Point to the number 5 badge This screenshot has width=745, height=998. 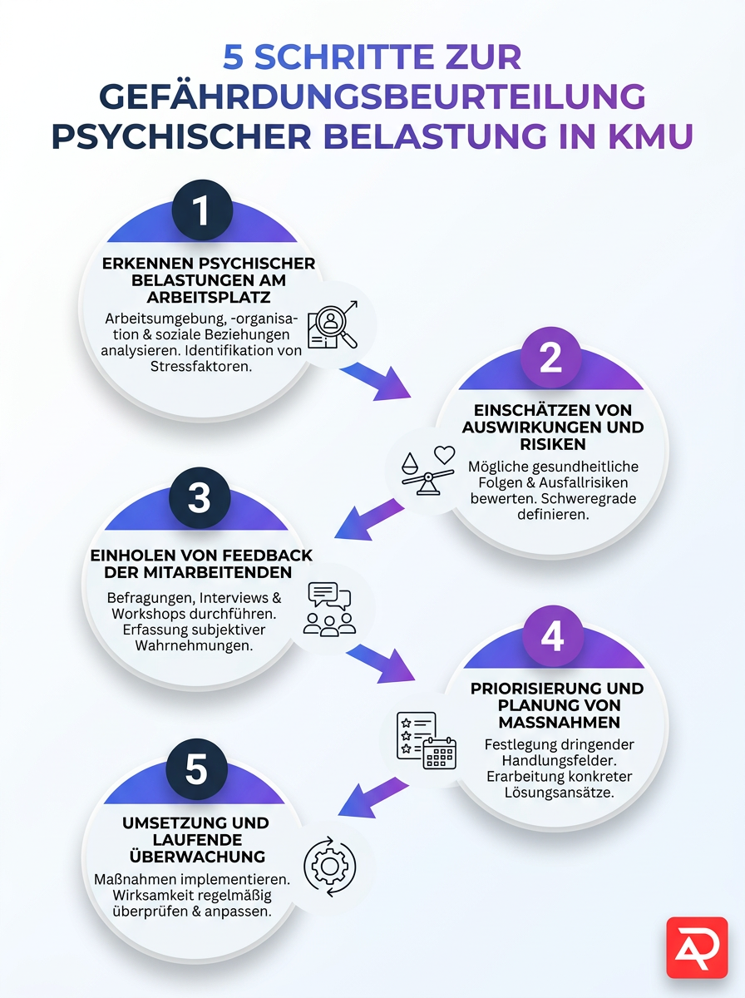pyautogui.click(x=196, y=769)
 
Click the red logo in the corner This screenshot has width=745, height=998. pyautogui.click(x=697, y=947)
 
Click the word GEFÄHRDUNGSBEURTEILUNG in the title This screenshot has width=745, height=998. pyautogui.click(x=372, y=96)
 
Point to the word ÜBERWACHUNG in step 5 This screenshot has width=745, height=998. pyautogui.click(x=195, y=857)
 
